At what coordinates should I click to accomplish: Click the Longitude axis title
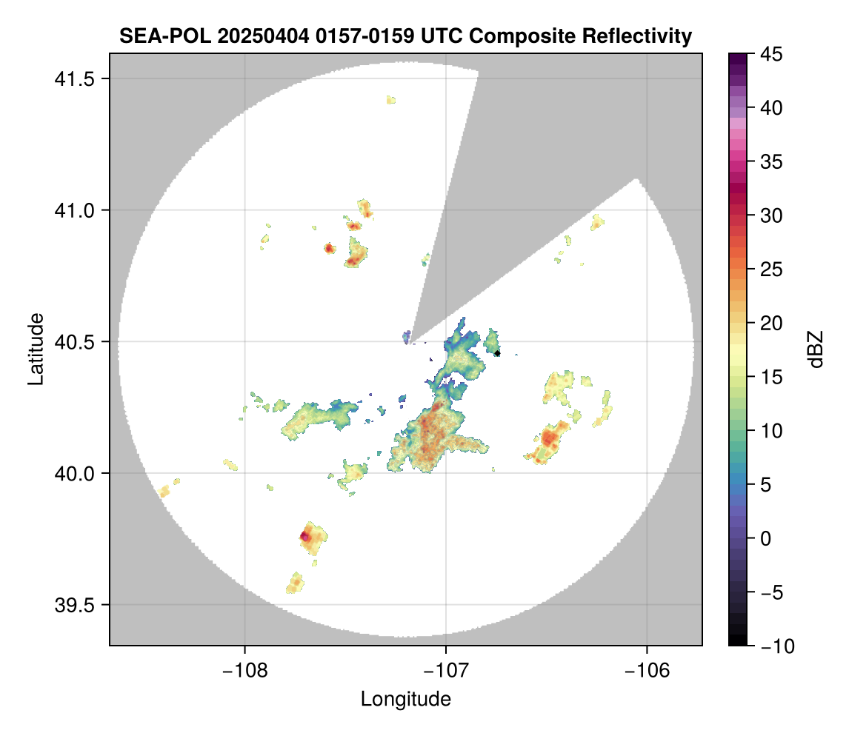coord(405,699)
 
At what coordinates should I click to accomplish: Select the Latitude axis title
coord(35,349)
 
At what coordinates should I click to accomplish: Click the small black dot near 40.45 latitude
coord(498,353)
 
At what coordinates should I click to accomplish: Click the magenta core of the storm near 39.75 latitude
coord(304,535)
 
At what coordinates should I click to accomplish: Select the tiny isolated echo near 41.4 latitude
coord(390,99)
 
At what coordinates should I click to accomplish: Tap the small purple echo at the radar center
coord(406,337)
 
